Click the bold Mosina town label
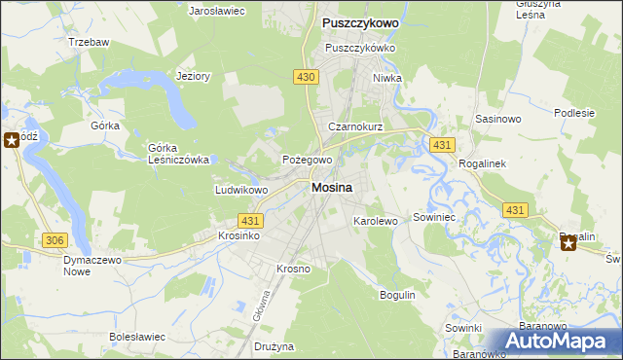coord(332,188)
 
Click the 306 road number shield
coord(55,240)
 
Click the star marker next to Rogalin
coord(568,243)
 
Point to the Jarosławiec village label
coord(216,10)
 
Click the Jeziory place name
coord(193,77)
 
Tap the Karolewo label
coord(376,221)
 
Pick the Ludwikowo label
coord(241,190)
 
